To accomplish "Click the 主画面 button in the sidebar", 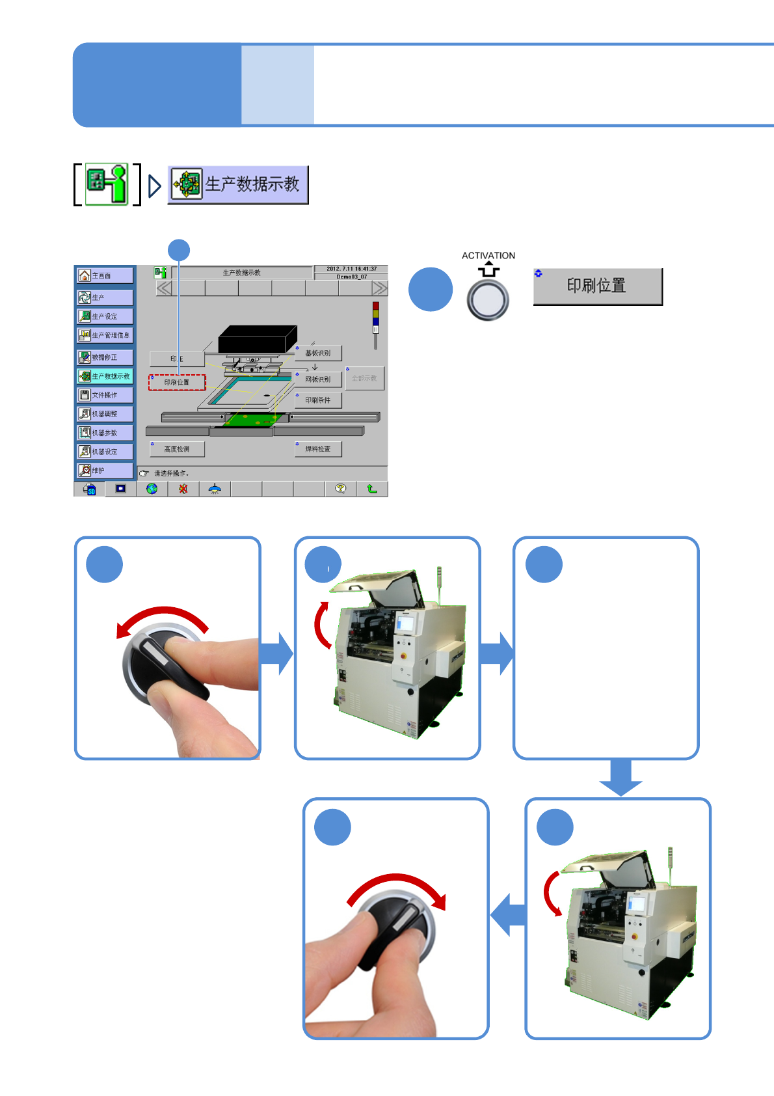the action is point(105,276).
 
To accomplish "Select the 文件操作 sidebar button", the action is point(105,395).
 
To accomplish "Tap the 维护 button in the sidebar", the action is point(105,471).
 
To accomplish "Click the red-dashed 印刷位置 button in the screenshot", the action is point(177,383).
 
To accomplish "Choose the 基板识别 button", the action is point(318,353).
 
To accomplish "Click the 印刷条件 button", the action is point(318,400).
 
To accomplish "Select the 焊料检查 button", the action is point(318,449).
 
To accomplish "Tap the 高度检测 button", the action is point(177,449).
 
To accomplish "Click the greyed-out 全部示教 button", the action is point(365,378).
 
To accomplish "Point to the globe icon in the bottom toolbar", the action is point(152,489).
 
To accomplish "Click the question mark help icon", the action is point(341,489).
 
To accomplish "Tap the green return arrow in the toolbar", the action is point(372,489).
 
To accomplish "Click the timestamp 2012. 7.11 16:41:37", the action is point(351,269).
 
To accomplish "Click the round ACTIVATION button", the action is point(488,300).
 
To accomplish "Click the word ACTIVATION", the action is point(488,256).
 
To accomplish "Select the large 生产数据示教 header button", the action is point(238,185).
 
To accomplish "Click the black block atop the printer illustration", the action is point(257,338).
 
